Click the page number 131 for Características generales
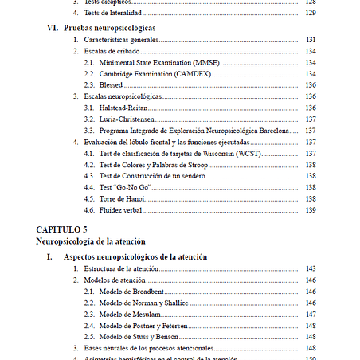coord(311,39)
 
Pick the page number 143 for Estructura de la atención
coord(311,268)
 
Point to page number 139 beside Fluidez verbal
coord(311,210)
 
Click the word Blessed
coord(112,84)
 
